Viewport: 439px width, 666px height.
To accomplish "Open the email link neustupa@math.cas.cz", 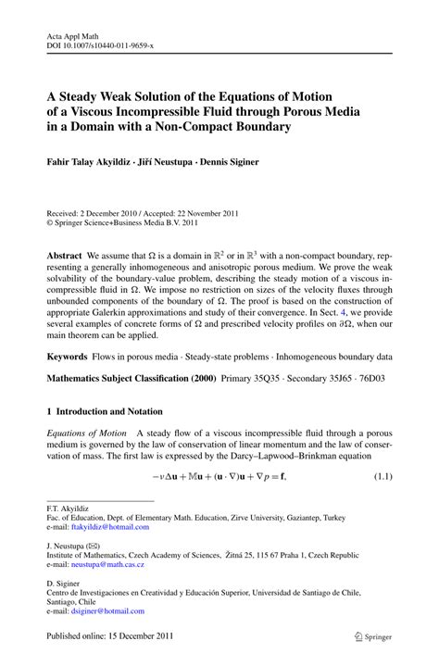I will tap(106, 563).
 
